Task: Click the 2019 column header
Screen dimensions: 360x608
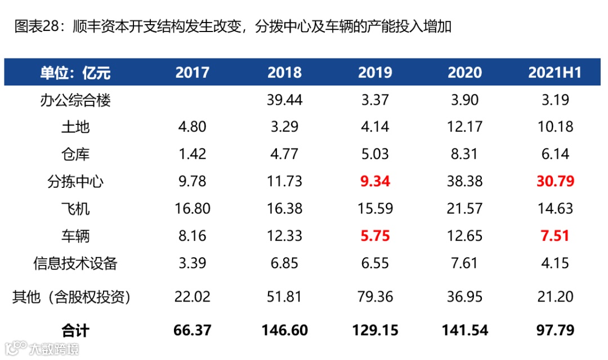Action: point(375,73)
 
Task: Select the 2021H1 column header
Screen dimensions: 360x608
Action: point(555,73)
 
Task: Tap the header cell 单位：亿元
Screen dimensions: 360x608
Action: point(75,73)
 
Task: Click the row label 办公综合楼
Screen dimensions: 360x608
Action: point(75,100)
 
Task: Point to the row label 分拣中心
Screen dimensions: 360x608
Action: point(75,182)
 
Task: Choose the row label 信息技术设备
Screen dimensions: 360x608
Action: point(75,263)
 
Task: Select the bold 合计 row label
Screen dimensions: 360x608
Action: point(75,330)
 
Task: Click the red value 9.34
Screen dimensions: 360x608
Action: point(375,182)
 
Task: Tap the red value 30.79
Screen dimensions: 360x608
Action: point(555,182)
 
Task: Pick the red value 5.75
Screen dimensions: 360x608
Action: point(375,236)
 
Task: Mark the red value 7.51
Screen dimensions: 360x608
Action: point(555,236)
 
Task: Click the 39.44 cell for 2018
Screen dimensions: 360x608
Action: point(284,100)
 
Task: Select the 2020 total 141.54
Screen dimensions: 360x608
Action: point(465,330)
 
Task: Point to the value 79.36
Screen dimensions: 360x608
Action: point(375,296)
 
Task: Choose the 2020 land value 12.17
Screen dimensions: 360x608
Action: point(465,127)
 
